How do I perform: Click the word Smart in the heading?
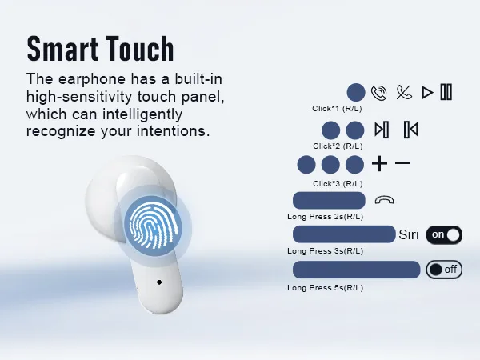tap(62, 48)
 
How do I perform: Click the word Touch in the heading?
tap(140, 48)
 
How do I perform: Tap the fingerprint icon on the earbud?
tap(153, 226)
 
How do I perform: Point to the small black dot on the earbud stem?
tap(159, 282)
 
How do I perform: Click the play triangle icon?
tap(427, 93)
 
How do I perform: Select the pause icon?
tap(446, 92)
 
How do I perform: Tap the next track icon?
tap(382, 130)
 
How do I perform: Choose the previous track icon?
tap(411, 130)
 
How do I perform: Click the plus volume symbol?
tap(379, 163)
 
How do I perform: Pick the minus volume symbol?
tap(402, 163)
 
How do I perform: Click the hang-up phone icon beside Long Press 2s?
tap(384, 200)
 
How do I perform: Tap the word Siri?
tap(409, 234)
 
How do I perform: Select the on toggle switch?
tap(444, 235)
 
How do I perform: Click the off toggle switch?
tap(444, 270)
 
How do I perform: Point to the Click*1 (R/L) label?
tap(337, 109)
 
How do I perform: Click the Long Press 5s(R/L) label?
tap(325, 288)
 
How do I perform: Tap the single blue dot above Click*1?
tap(356, 92)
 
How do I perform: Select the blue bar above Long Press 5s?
tap(357, 270)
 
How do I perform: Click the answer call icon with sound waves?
tap(378, 93)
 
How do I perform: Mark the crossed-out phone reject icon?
tap(404, 92)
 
